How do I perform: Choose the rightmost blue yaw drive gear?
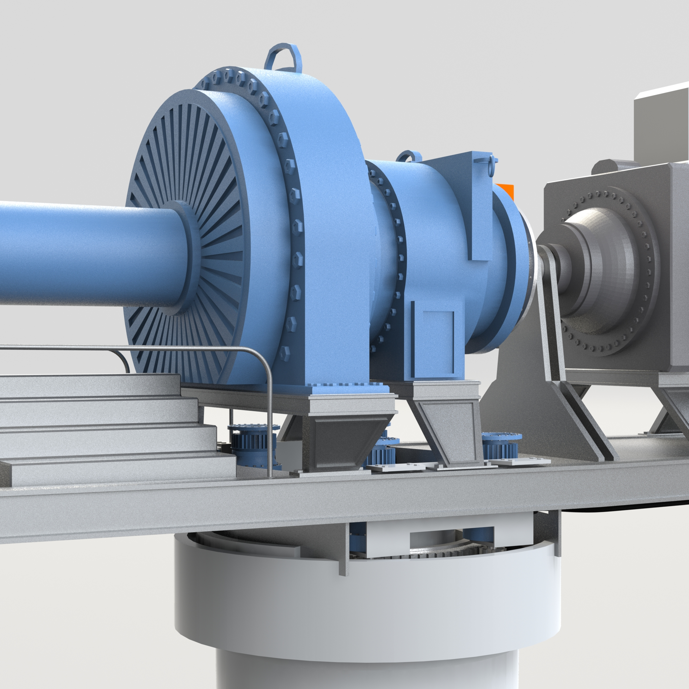pos(501,446)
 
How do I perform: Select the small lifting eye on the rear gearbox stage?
pos(409,157)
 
